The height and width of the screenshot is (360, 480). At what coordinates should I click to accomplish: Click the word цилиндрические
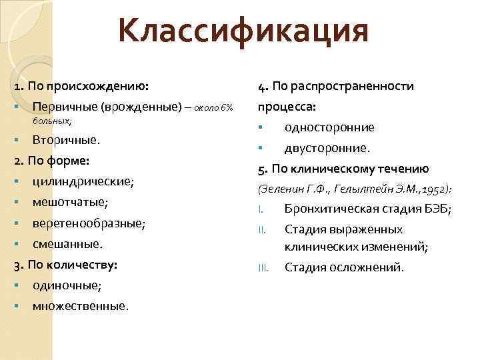click(83, 181)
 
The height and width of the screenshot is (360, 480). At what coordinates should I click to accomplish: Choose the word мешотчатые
click(69, 202)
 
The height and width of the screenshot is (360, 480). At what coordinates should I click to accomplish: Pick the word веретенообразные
click(89, 223)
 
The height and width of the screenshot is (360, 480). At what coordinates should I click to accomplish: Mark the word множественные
click(80, 306)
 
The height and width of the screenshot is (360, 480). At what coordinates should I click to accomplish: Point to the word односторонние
click(329, 127)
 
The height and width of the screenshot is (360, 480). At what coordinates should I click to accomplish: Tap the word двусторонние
click(327, 147)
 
